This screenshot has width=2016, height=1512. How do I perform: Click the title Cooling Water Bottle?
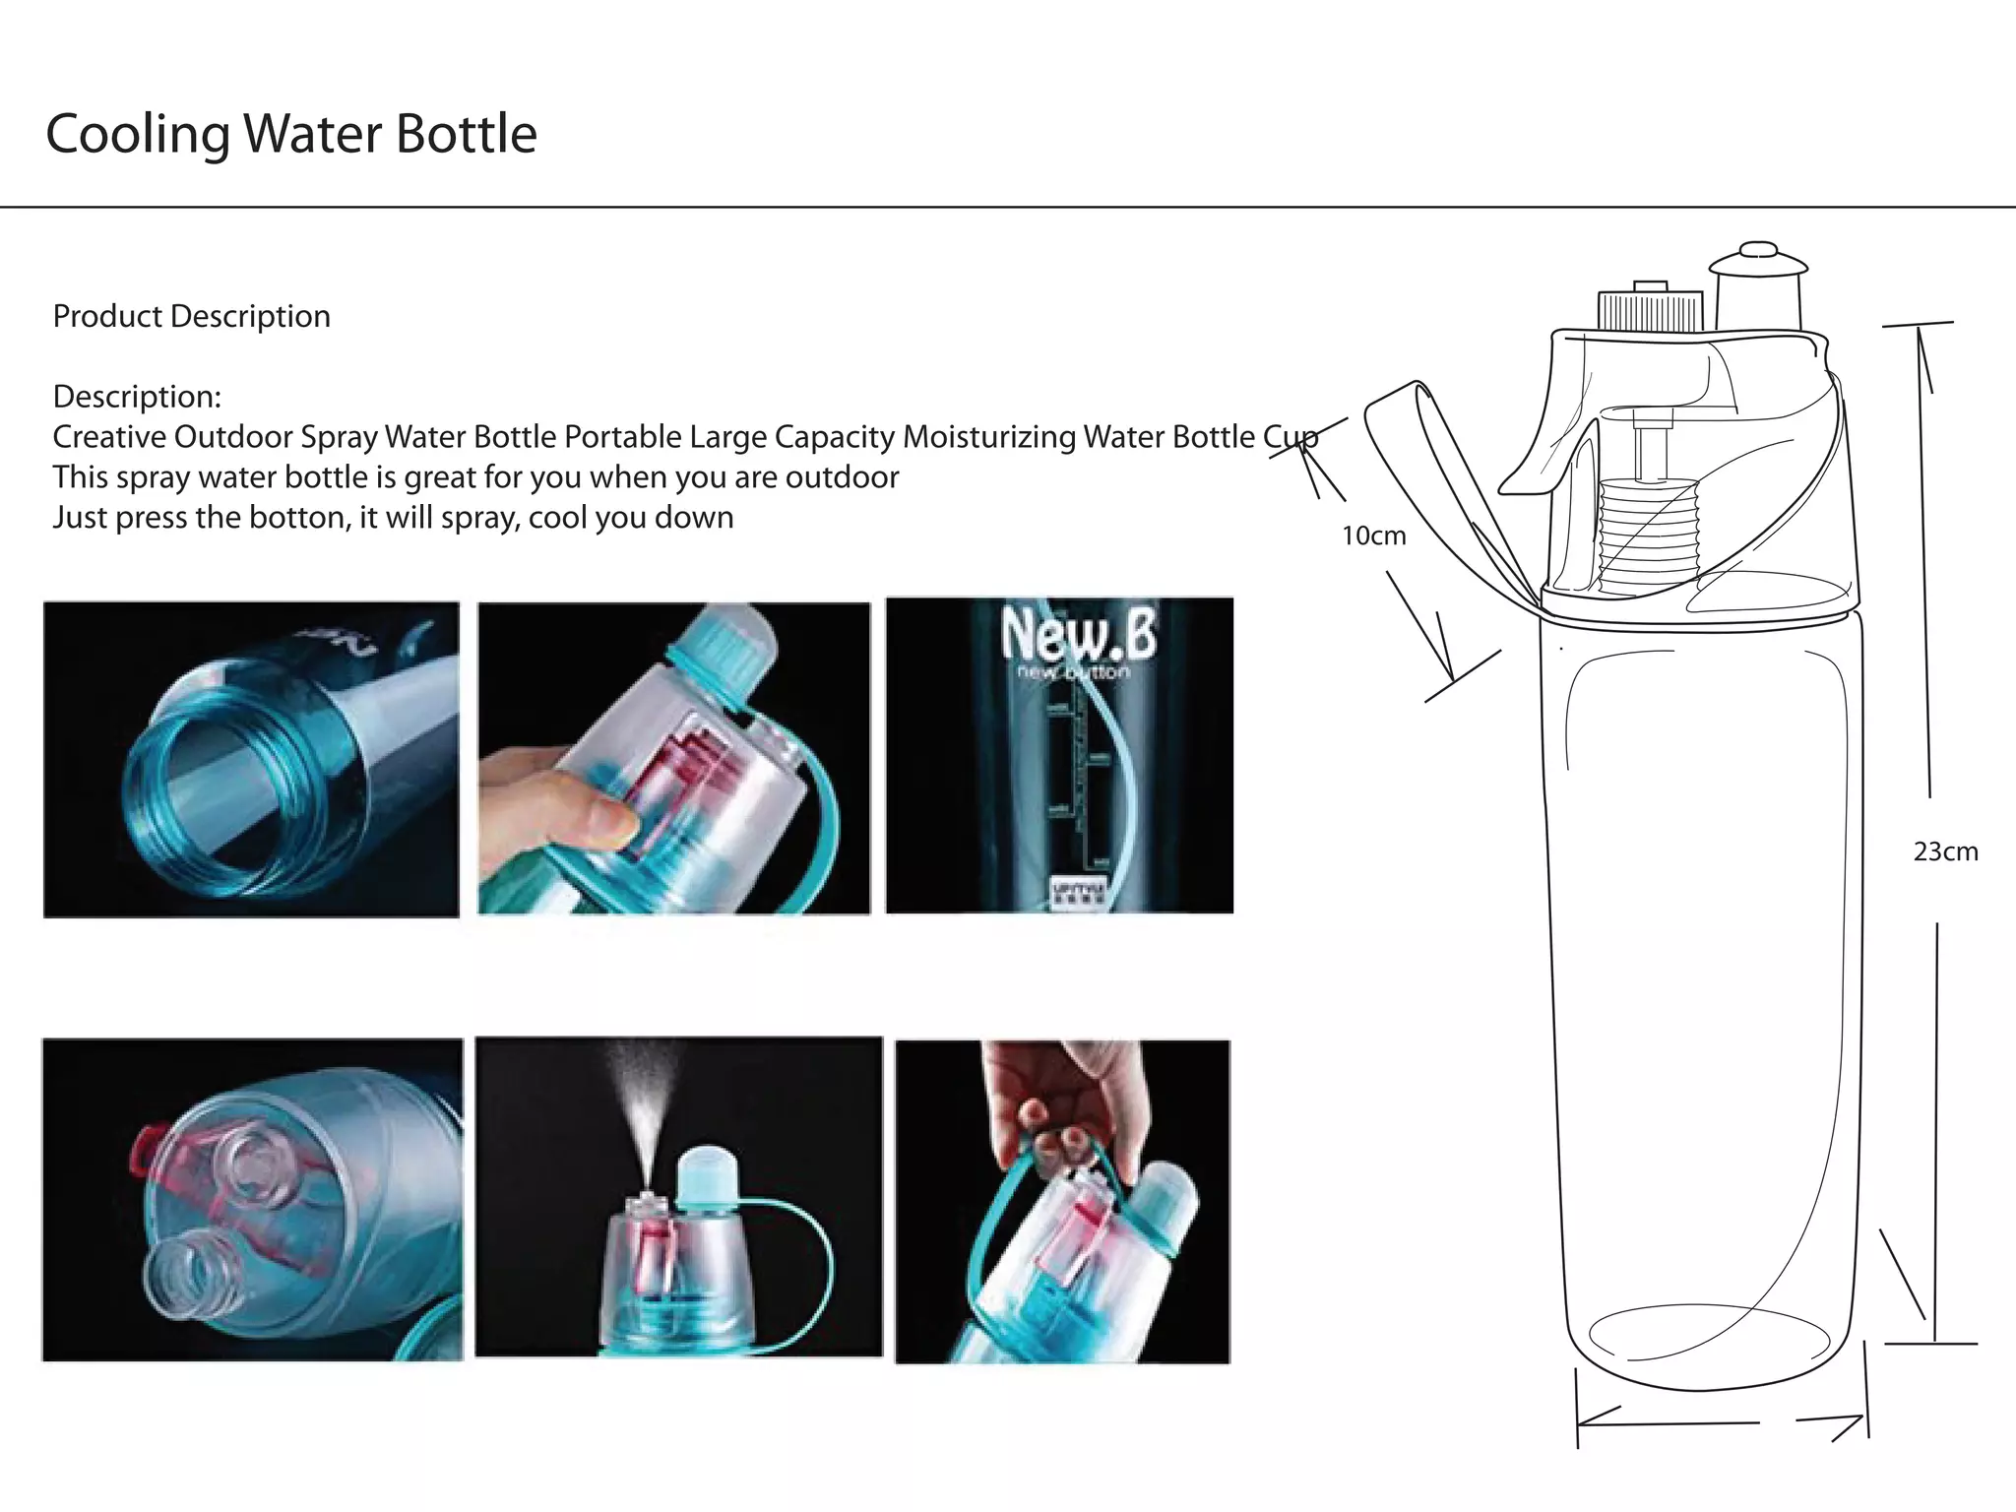click(291, 134)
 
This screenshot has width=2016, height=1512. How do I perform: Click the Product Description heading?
click(191, 316)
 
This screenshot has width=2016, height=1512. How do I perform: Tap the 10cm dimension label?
click(1373, 535)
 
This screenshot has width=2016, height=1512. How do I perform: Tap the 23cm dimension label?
click(1945, 851)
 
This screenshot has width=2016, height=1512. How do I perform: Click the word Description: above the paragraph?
click(137, 397)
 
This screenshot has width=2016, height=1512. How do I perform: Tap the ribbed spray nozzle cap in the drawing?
click(1650, 309)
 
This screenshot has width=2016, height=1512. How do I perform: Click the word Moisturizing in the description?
click(989, 436)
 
